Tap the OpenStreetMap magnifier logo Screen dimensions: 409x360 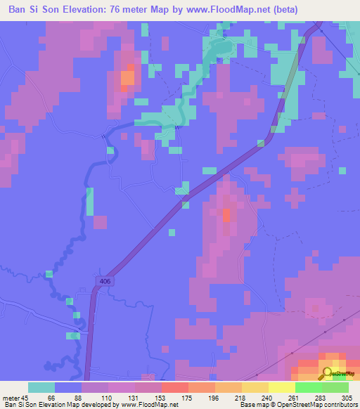click(328, 374)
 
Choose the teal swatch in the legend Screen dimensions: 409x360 click(41, 387)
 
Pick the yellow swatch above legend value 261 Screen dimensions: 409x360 click(282, 387)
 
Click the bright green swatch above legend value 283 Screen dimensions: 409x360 click(309, 387)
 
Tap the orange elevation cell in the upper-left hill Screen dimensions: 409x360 click(127, 77)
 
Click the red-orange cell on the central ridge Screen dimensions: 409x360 click(226, 215)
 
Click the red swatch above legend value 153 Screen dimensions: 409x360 click(175, 387)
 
